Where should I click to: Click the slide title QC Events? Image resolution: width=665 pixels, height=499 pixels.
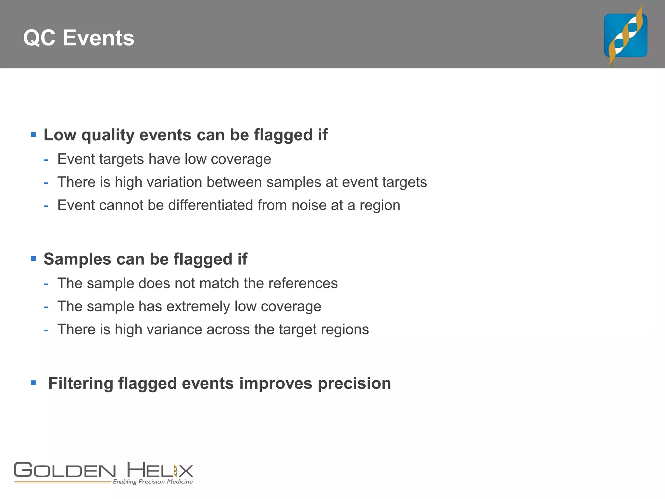point(79,38)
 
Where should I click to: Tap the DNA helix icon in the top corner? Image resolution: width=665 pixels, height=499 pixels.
point(625,36)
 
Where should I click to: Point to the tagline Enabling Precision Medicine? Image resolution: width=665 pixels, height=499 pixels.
point(153,481)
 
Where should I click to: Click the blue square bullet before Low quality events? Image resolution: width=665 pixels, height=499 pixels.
point(33,134)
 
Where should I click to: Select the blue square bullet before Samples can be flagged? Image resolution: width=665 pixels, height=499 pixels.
point(33,259)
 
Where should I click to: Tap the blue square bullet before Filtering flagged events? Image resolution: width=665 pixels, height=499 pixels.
point(33,383)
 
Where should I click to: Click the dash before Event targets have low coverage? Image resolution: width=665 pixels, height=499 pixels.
point(46,160)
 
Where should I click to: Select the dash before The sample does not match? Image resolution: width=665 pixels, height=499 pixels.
point(46,284)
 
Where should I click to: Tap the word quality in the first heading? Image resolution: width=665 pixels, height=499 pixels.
point(108,135)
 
